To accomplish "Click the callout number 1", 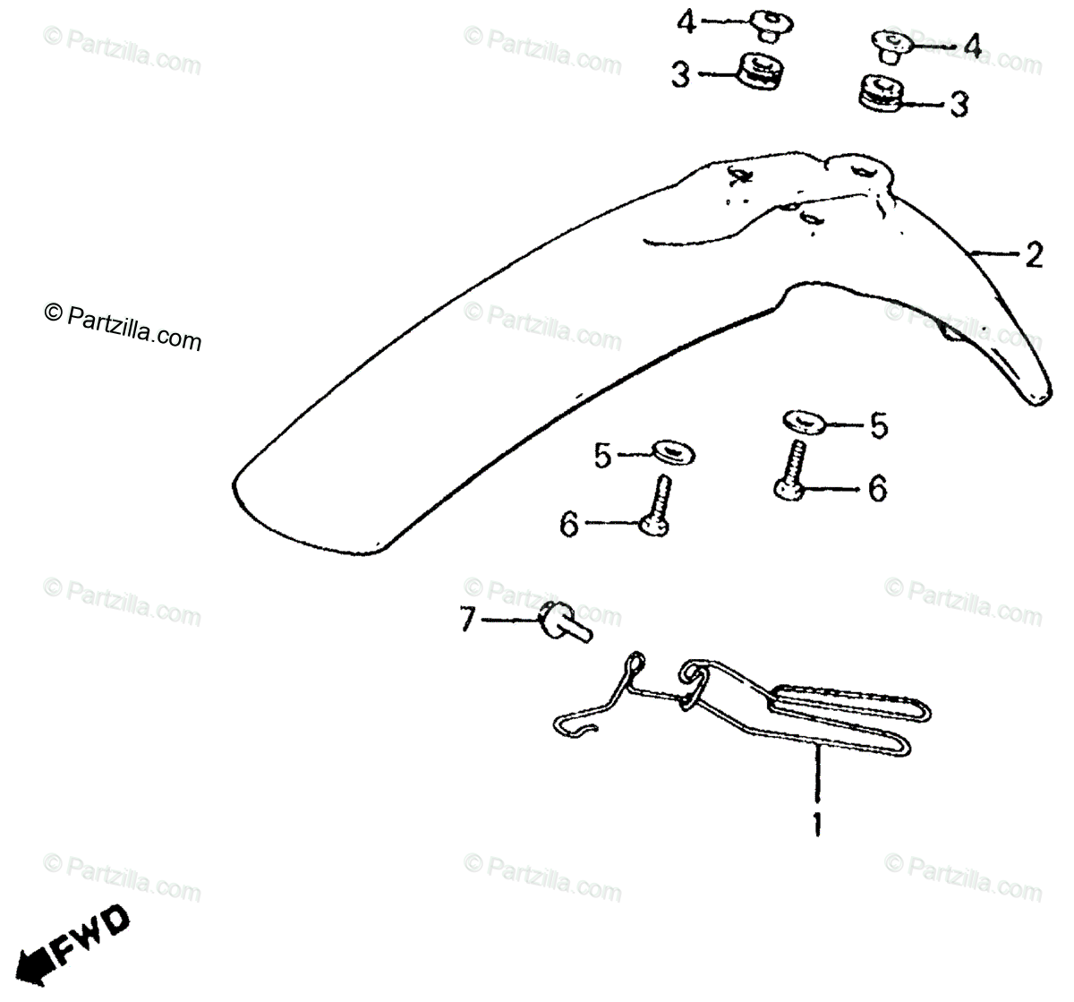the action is click(x=816, y=822).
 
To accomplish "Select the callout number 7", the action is click(x=467, y=620).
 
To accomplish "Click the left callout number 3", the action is click(x=681, y=77).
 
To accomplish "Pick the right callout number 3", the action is click(x=959, y=105).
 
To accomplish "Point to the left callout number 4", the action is click(x=686, y=22).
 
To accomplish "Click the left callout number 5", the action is click(x=602, y=457).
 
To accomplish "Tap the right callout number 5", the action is click(x=879, y=427).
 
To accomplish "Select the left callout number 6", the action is click(x=569, y=525).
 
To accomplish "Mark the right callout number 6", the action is click(x=877, y=489).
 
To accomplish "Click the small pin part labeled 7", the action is click(x=561, y=622).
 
